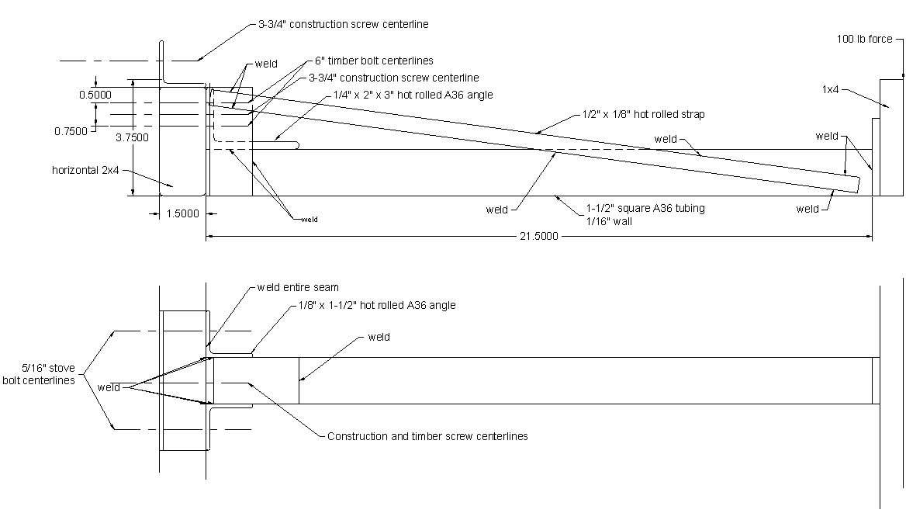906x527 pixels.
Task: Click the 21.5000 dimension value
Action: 538,236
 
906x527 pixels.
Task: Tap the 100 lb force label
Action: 864,39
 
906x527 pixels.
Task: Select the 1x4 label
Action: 830,89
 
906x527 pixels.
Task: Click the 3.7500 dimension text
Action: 133,137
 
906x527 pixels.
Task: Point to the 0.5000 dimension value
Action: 95,95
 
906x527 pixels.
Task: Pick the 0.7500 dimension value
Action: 71,131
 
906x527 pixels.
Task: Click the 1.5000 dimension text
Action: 182,213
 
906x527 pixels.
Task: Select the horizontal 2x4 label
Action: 85,170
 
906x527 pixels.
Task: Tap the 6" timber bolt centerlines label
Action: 374,61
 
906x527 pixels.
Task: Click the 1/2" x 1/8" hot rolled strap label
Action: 643,114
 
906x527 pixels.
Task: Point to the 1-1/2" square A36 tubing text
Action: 645,208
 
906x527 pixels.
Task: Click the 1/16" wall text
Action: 609,221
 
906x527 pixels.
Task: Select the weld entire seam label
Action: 298,287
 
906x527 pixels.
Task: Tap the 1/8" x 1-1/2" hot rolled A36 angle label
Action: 377,305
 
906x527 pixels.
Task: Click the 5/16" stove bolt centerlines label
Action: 39,374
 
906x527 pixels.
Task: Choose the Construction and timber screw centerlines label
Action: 427,436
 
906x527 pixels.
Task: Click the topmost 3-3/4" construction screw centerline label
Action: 343,24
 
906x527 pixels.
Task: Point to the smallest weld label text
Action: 309,220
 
